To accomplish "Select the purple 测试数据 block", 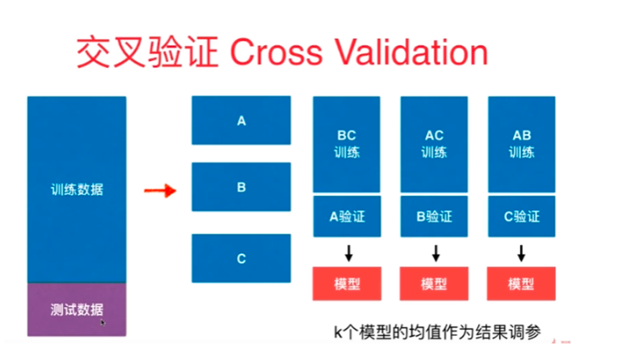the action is pos(77,309).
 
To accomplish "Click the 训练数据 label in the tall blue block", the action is pos(77,189).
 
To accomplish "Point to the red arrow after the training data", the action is pos(159,189).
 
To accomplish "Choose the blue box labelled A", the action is pos(241,121).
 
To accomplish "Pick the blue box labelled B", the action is pos(241,188).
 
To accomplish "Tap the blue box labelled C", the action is pos(241,257).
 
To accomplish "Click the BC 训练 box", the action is pos(346,144).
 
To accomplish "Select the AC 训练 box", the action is pos(434,144).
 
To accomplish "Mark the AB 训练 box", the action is pos(522,144).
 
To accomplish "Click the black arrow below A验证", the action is pos(347,253).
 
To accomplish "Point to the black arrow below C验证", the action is pos(522,253).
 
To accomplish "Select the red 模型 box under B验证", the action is pos(434,284).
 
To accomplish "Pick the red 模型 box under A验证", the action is pos(346,284).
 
